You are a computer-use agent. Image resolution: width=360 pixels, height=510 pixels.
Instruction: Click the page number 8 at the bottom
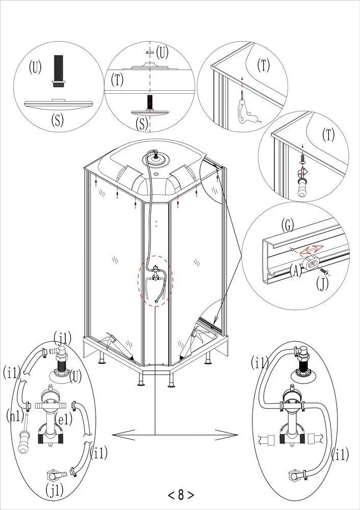point(181,494)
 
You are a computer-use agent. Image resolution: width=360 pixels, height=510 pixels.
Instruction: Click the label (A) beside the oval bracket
point(295,271)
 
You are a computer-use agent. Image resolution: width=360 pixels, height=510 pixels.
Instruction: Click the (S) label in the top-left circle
point(59,120)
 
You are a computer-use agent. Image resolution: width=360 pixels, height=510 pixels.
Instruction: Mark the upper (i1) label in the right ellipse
point(261,363)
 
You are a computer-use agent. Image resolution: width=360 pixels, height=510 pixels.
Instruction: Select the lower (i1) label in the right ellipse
point(341,453)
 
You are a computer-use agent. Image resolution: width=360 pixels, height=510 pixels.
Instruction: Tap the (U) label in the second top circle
point(162,52)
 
